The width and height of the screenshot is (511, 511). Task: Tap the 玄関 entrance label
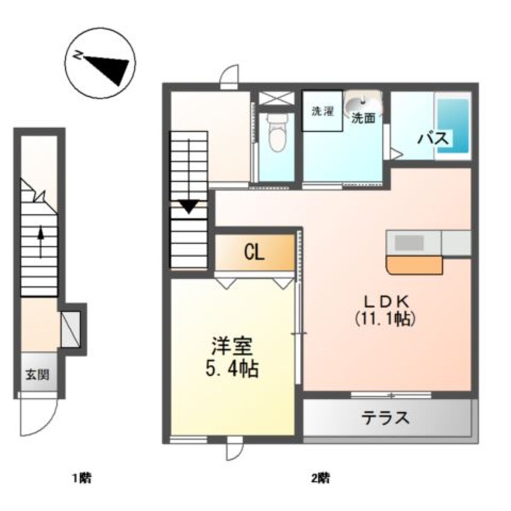38,375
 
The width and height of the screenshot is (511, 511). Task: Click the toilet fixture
277,133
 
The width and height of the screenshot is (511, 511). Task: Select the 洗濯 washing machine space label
323,111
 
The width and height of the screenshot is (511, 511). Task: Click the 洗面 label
363,118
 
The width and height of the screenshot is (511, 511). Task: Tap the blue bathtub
453,126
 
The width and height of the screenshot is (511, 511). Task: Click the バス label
434,139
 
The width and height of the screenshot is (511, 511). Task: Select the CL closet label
254,253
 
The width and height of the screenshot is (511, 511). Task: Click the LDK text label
386,303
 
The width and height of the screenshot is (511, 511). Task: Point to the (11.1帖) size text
385,318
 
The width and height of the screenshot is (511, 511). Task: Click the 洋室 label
233,347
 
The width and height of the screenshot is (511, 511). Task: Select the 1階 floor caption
82,478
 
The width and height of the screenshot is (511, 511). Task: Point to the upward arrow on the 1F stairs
40,242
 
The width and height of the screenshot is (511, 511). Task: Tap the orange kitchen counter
414,265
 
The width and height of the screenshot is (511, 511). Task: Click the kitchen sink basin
410,243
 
